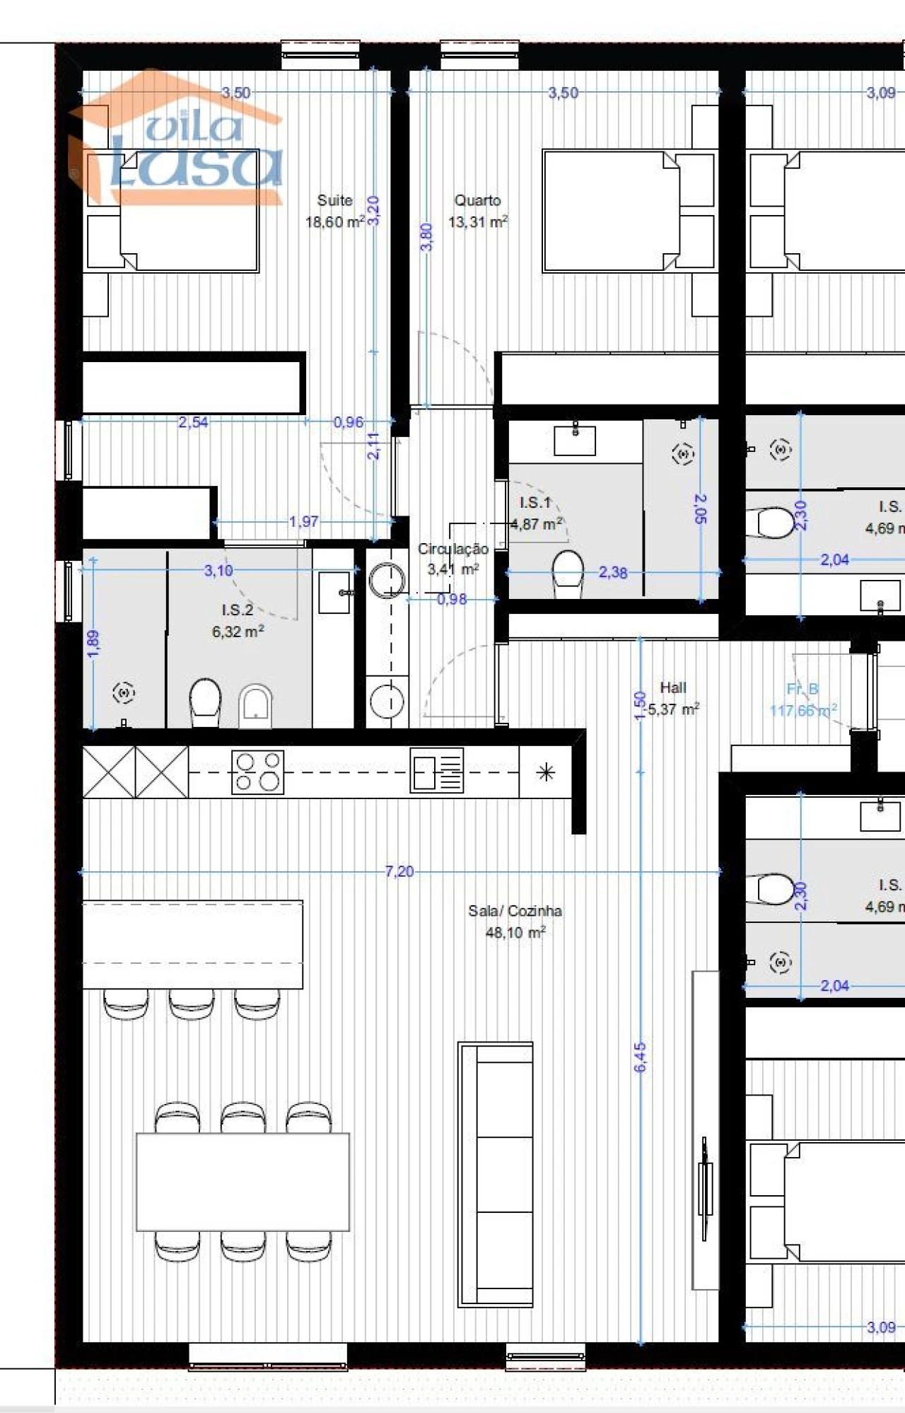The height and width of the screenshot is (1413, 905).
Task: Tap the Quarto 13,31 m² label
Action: pos(478,211)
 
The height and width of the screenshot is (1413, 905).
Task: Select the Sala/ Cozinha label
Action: pos(515,921)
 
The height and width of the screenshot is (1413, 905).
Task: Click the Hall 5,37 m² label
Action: pos(673,698)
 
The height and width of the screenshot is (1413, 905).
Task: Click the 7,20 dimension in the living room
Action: pos(399,871)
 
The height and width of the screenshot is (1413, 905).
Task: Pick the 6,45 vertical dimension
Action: pos(640,1057)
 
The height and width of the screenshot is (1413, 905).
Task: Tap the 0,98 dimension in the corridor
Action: pos(452,599)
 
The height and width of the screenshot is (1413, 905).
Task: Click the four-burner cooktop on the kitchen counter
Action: pos(258,772)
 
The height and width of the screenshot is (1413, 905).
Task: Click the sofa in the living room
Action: pos(496,1174)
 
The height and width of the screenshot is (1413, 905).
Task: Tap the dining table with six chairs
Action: pos(243,1182)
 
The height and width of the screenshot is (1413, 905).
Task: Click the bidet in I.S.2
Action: pos(255,705)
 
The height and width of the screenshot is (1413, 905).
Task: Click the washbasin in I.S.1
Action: pos(574,440)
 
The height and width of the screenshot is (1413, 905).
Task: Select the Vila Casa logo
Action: pos(180,141)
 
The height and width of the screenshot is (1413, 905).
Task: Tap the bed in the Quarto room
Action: pos(612,211)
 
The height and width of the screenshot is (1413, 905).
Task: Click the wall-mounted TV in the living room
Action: pos(705,1188)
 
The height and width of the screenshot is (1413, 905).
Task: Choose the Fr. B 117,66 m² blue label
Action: pos(803,699)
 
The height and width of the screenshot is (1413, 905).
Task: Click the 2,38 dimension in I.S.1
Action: pos(612,572)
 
